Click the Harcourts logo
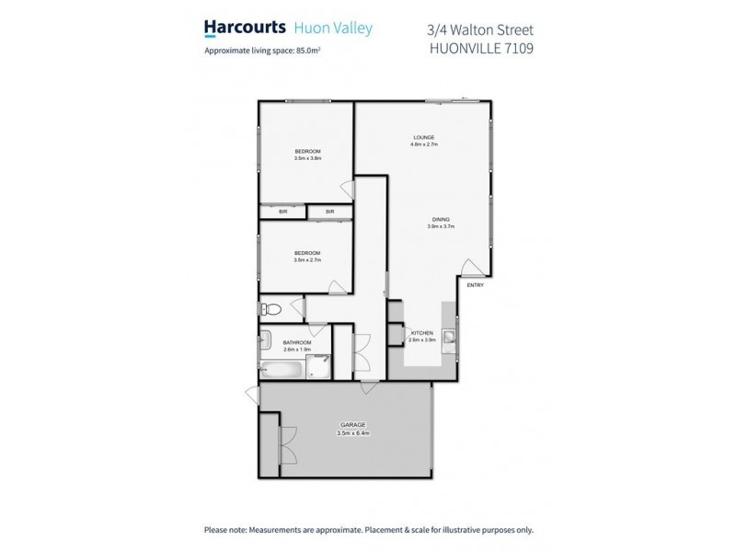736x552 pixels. [x=243, y=29]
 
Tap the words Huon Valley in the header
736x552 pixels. [x=332, y=29]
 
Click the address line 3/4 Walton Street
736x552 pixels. [x=481, y=29]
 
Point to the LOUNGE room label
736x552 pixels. [x=423, y=138]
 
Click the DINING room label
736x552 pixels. [x=443, y=219]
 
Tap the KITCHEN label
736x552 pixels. [x=421, y=332]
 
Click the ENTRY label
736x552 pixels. [x=475, y=285]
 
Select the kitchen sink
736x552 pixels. [x=449, y=339]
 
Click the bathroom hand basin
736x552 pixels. [x=267, y=337]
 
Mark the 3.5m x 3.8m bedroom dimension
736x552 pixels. [x=307, y=158]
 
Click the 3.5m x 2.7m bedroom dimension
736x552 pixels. [x=307, y=260]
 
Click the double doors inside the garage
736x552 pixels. [x=288, y=445]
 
